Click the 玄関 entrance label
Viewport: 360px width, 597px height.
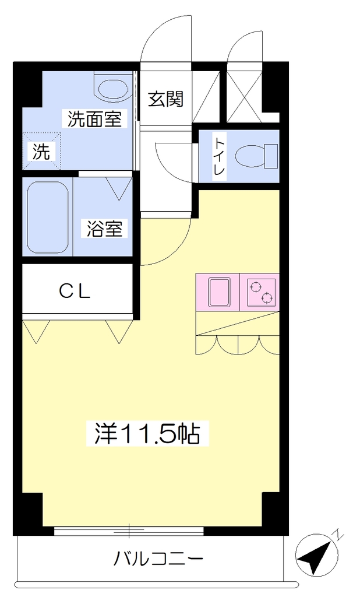(x=165, y=99)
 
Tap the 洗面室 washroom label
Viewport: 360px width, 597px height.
(x=95, y=119)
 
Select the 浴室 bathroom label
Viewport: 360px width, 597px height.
(x=104, y=229)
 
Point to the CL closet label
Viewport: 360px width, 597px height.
(x=74, y=292)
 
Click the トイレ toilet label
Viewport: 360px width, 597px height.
(x=220, y=156)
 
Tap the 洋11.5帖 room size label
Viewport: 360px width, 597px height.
(x=147, y=433)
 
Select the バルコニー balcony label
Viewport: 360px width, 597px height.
(x=158, y=559)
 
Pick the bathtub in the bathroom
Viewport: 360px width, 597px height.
(x=48, y=218)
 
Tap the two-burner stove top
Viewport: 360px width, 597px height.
(x=262, y=292)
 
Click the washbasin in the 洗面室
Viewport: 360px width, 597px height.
(x=112, y=88)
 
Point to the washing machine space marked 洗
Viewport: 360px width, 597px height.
(x=41, y=152)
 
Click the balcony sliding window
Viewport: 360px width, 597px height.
(x=129, y=531)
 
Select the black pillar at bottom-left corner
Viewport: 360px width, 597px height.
(x=27, y=514)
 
